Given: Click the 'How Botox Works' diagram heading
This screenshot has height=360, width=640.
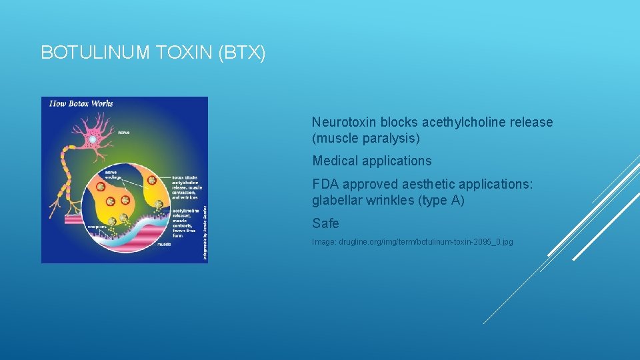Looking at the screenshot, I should (78, 103).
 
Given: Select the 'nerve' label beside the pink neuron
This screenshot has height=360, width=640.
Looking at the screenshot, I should (123, 133).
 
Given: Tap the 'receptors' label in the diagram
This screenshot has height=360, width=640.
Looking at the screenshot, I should (97, 226).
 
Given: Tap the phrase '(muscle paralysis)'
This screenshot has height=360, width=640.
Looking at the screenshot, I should (366, 139).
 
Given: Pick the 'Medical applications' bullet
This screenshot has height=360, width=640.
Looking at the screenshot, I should (371, 161).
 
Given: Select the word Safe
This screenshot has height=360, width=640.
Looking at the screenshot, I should (325, 223).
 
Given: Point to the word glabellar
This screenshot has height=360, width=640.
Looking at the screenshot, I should (337, 200).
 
